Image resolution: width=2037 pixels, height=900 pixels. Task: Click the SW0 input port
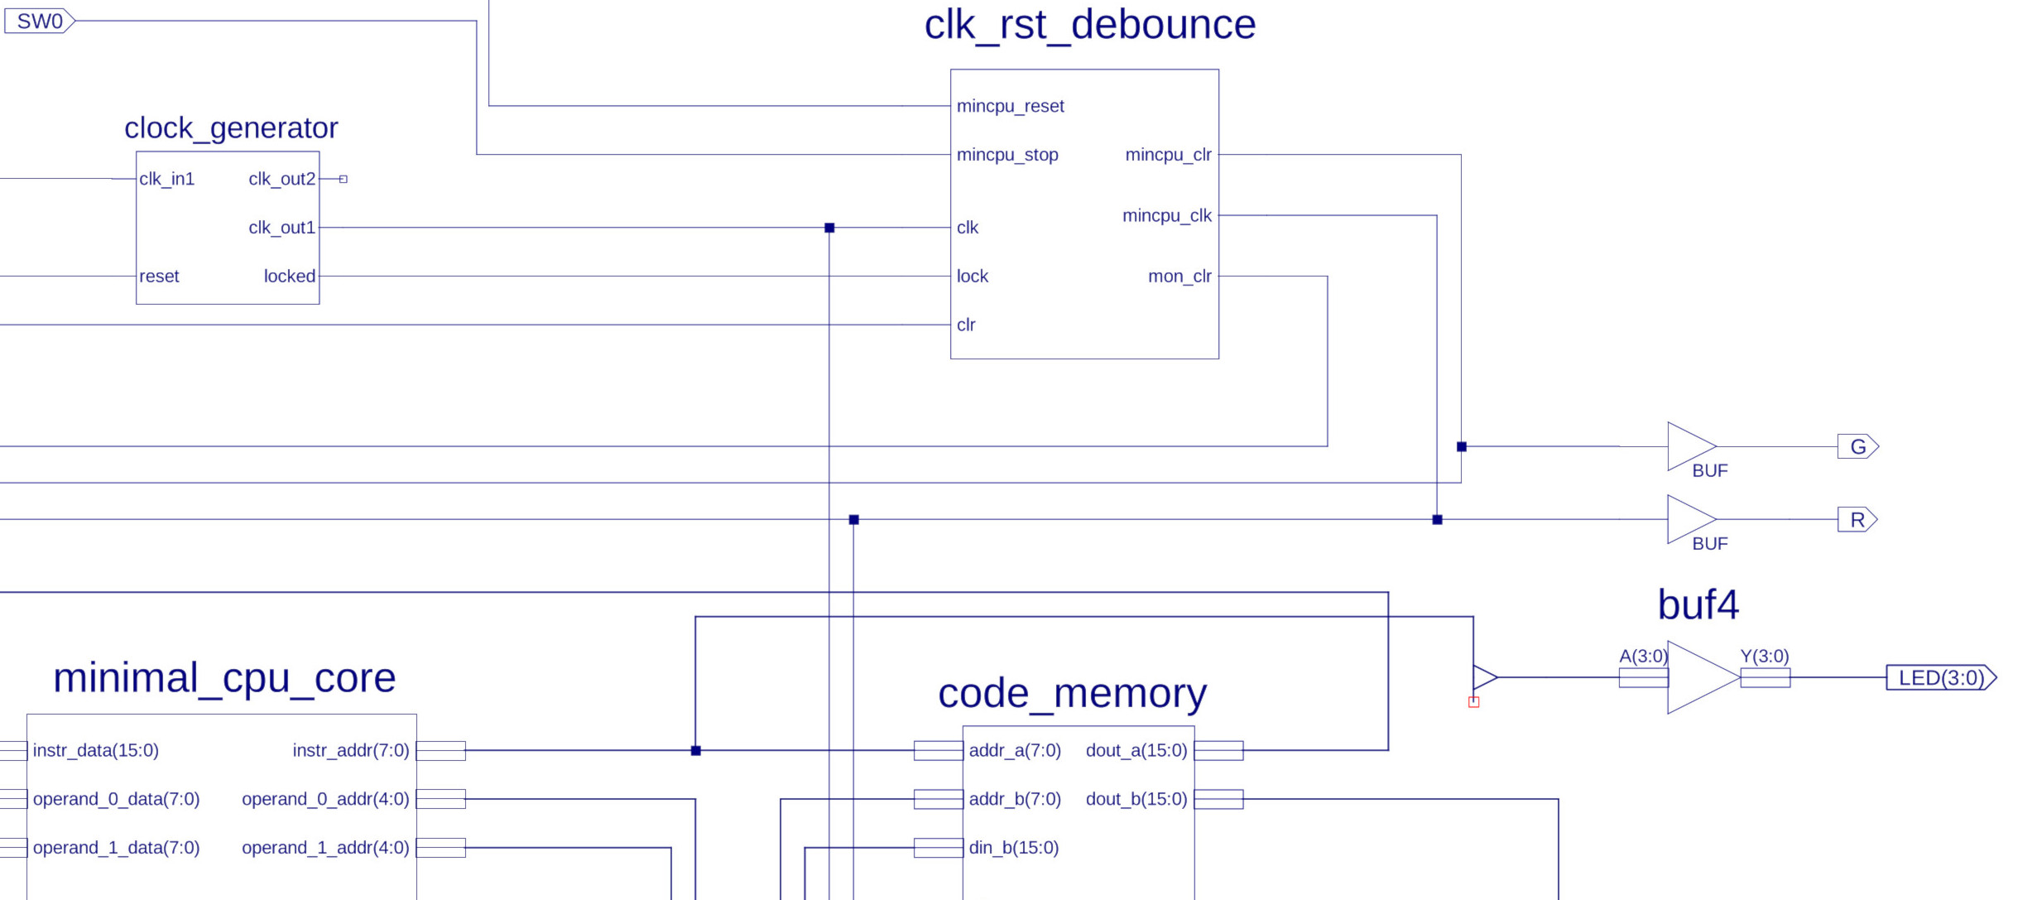[x=40, y=21]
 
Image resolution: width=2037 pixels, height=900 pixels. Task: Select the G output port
[x=1858, y=447]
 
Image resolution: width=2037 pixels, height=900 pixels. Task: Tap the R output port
[x=1857, y=520]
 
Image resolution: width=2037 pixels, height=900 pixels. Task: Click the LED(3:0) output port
[x=1941, y=678]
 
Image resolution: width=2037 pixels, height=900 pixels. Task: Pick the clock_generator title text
[x=231, y=128]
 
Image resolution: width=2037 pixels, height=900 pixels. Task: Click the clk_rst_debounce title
[x=1090, y=25]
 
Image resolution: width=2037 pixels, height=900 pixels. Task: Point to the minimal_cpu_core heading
[x=224, y=678]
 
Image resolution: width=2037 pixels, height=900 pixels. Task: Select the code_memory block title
[x=1072, y=693]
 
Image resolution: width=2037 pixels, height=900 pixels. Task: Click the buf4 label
[x=1698, y=605]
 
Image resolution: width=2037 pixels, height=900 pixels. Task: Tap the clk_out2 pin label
[x=281, y=179]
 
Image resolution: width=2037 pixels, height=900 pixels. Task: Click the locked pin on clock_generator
[x=290, y=277]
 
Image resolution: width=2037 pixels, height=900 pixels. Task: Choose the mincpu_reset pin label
[x=1010, y=106]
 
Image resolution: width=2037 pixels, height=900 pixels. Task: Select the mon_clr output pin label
[x=1179, y=277]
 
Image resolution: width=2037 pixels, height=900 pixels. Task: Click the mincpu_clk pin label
[x=1166, y=216]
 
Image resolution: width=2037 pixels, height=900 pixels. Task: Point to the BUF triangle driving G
[x=1691, y=447]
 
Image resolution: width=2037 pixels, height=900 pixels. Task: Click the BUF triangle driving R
[x=1691, y=520]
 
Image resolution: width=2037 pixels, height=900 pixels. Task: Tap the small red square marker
[x=1473, y=702]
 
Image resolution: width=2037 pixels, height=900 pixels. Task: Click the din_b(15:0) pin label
[x=1013, y=848]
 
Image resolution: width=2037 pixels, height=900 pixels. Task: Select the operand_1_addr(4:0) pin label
[x=325, y=848]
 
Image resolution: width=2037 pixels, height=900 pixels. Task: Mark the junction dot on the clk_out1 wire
[x=829, y=228]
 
